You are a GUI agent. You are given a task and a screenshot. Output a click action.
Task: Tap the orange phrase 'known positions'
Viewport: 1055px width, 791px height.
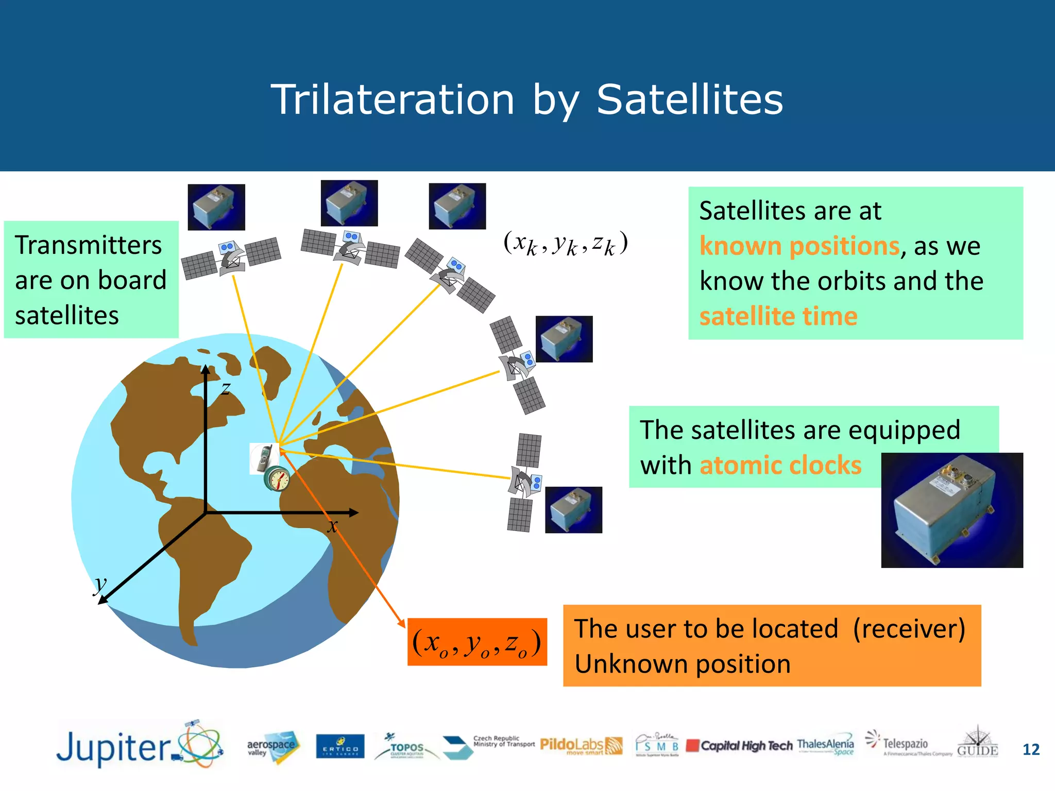point(799,246)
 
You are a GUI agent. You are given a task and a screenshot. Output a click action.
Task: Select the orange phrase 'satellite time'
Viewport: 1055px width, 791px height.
point(778,316)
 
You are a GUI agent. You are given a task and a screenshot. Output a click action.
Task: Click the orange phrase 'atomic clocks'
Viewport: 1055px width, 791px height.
point(780,465)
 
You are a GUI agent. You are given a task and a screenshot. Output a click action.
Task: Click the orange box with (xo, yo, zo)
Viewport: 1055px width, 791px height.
point(477,642)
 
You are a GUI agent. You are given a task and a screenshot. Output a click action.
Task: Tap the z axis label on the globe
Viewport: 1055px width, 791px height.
point(225,388)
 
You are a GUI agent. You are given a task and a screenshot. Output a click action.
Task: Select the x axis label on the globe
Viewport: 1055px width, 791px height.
point(333,526)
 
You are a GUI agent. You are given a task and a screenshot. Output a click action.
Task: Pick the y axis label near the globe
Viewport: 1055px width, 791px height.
point(100,584)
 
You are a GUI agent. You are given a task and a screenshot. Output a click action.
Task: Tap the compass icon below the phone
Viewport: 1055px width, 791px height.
point(278,479)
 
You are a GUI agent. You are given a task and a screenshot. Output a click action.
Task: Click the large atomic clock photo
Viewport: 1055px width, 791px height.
point(951,510)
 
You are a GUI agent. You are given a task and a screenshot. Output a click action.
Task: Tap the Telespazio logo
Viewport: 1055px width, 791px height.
point(907,745)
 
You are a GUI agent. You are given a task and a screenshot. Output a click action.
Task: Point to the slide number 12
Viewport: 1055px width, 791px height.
point(1030,749)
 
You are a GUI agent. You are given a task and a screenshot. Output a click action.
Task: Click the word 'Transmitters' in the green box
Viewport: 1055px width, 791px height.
point(88,245)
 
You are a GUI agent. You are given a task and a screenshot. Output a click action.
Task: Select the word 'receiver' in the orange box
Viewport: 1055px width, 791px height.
point(909,629)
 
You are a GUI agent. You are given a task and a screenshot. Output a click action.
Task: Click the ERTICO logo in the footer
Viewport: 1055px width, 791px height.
point(340,746)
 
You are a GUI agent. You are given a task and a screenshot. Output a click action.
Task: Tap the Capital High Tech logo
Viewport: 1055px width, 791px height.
point(739,746)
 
